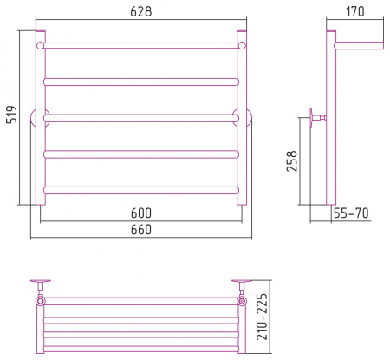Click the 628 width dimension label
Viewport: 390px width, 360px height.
[x=141, y=11]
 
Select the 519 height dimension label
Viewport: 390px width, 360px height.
[x=12, y=115]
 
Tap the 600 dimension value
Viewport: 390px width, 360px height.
[x=141, y=213]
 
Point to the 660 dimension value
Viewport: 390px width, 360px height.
[x=141, y=230]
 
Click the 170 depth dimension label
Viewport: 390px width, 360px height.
[x=355, y=11]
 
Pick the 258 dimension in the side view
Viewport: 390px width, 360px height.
[x=292, y=161]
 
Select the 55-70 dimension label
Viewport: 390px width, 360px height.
[x=351, y=213]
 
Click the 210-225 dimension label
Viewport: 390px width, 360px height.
[x=263, y=317]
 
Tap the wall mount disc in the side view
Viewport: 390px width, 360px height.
[x=311, y=118]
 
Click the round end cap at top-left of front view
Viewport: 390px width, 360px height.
[x=40, y=45]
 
